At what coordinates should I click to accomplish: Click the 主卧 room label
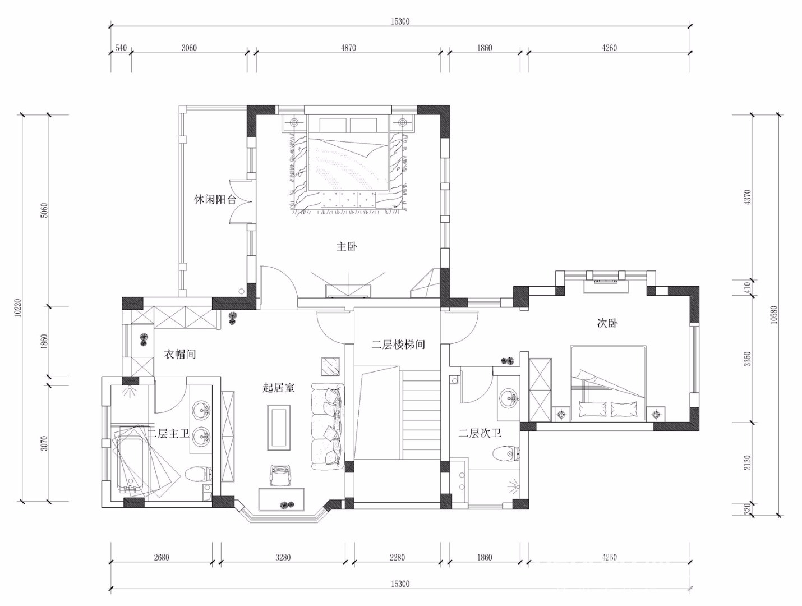point(347,247)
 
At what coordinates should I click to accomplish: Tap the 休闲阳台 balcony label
point(215,200)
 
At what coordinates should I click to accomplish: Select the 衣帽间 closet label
point(180,354)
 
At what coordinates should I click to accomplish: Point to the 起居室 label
point(278,387)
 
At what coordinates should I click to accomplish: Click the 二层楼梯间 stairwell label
point(398,345)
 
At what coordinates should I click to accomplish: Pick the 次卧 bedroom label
point(607,323)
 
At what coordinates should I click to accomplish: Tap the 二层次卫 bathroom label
point(480,434)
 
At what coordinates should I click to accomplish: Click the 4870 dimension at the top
point(349,48)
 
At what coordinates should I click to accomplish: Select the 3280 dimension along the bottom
point(283,557)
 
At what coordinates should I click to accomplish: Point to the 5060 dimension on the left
point(44,210)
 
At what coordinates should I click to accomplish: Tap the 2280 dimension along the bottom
point(397,557)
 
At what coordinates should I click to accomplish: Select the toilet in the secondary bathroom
point(506,454)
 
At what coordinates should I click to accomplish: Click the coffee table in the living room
point(279,428)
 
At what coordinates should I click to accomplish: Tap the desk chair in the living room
point(279,475)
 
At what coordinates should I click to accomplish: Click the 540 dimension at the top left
point(121,48)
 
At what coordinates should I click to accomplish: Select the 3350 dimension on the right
point(748,359)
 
